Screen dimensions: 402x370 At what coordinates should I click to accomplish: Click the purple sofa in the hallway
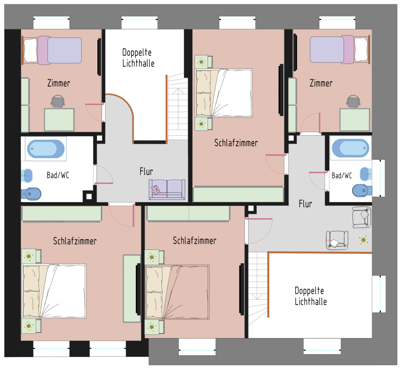coord(167,190)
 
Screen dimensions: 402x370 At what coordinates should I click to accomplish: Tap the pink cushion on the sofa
coord(155,190)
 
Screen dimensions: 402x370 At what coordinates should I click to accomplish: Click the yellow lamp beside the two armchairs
coord(363,240)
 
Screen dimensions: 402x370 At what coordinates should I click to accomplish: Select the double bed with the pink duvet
coord(177,292)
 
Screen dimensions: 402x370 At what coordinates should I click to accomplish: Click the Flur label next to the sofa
coord(146,171)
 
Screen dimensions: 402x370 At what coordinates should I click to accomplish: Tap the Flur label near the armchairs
coord(305,204)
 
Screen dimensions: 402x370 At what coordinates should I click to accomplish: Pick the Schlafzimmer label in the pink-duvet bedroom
coord(194,241)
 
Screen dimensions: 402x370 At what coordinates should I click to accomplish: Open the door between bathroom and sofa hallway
coord(103,175)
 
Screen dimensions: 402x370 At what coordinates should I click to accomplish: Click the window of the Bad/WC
coord(378,178)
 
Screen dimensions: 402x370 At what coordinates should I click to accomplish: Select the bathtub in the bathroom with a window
coord(350,148)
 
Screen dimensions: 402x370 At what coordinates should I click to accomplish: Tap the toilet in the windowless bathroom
coord(31,194)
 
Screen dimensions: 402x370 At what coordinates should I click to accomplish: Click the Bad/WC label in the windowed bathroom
coord(342,175)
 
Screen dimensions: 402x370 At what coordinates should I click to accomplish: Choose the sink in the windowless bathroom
coord(27,175)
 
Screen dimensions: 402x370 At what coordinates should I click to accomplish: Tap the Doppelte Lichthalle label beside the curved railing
coord(138,58)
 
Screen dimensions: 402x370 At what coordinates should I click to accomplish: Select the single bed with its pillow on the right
coord(340,49)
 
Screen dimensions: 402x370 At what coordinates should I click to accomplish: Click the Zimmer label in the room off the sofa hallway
coord(59,83)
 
